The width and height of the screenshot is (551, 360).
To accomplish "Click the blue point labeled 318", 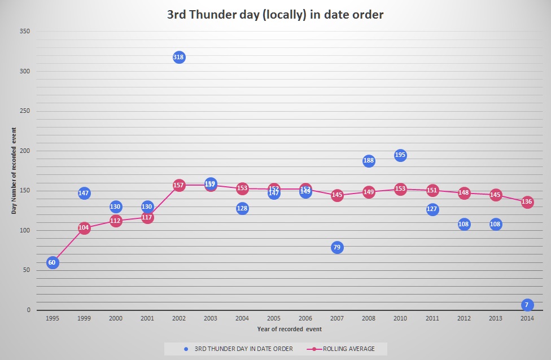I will [x=179, y=57].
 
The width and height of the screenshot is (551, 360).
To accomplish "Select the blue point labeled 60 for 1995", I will [x=53, y=262].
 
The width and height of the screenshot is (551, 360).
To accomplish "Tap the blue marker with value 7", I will [x=527, y=305].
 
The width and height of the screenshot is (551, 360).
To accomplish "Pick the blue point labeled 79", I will [x=337, y=247].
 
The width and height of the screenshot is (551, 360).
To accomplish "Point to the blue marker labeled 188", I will [x=369, y=161].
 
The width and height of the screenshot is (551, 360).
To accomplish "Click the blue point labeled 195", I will [x=400, y=155].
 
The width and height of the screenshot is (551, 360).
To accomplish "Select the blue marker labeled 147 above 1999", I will [x=84, y=193].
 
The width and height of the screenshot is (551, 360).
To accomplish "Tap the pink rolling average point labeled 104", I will [x=84, y=228].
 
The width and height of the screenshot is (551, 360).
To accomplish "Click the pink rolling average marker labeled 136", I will [x=527, y=202].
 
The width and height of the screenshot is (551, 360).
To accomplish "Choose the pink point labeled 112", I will [x=116, y=221].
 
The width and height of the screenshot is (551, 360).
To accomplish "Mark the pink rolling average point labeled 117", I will [x=147, y=217].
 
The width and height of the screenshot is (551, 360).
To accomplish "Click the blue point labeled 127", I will [x=432, y=209].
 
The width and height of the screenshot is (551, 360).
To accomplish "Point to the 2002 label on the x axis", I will [x=179, y=318].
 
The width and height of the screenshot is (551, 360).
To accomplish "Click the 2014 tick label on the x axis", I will [x=527, y=318].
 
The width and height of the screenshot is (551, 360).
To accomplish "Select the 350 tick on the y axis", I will [x=25, y=32].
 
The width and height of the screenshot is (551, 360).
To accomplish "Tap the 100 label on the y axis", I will [x=25, y=231].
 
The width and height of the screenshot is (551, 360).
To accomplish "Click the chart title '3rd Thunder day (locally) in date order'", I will [x=275, y=15].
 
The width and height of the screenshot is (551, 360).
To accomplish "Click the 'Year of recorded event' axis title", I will [x=289, y=328].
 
